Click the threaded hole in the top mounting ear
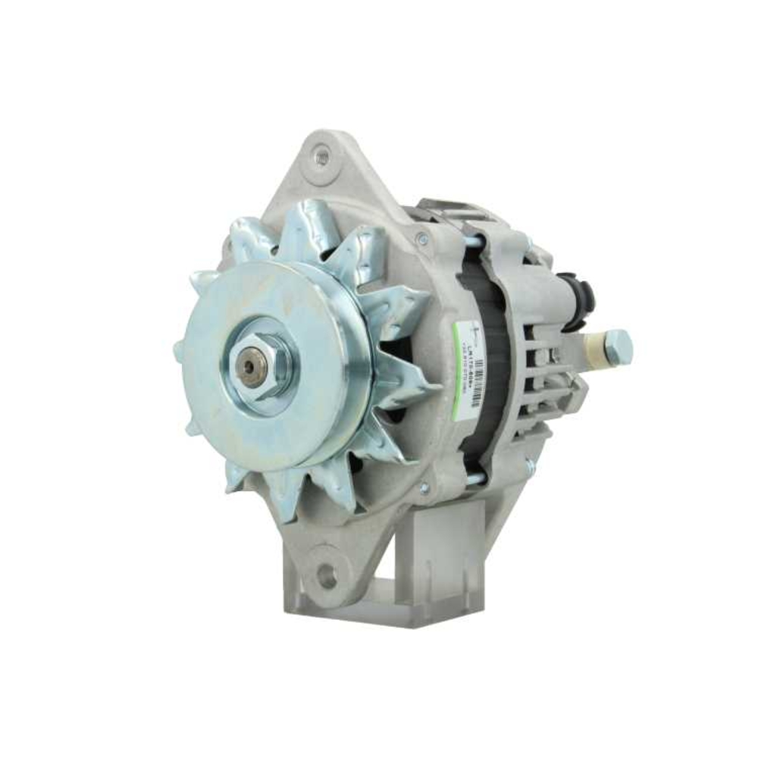click(x=321, y=157)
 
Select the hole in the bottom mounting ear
click(x=327, y=575)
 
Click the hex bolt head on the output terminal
click(x=618, y=347)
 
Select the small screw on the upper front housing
click(x=422, y=240)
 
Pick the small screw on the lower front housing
click(x=424, y=487)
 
